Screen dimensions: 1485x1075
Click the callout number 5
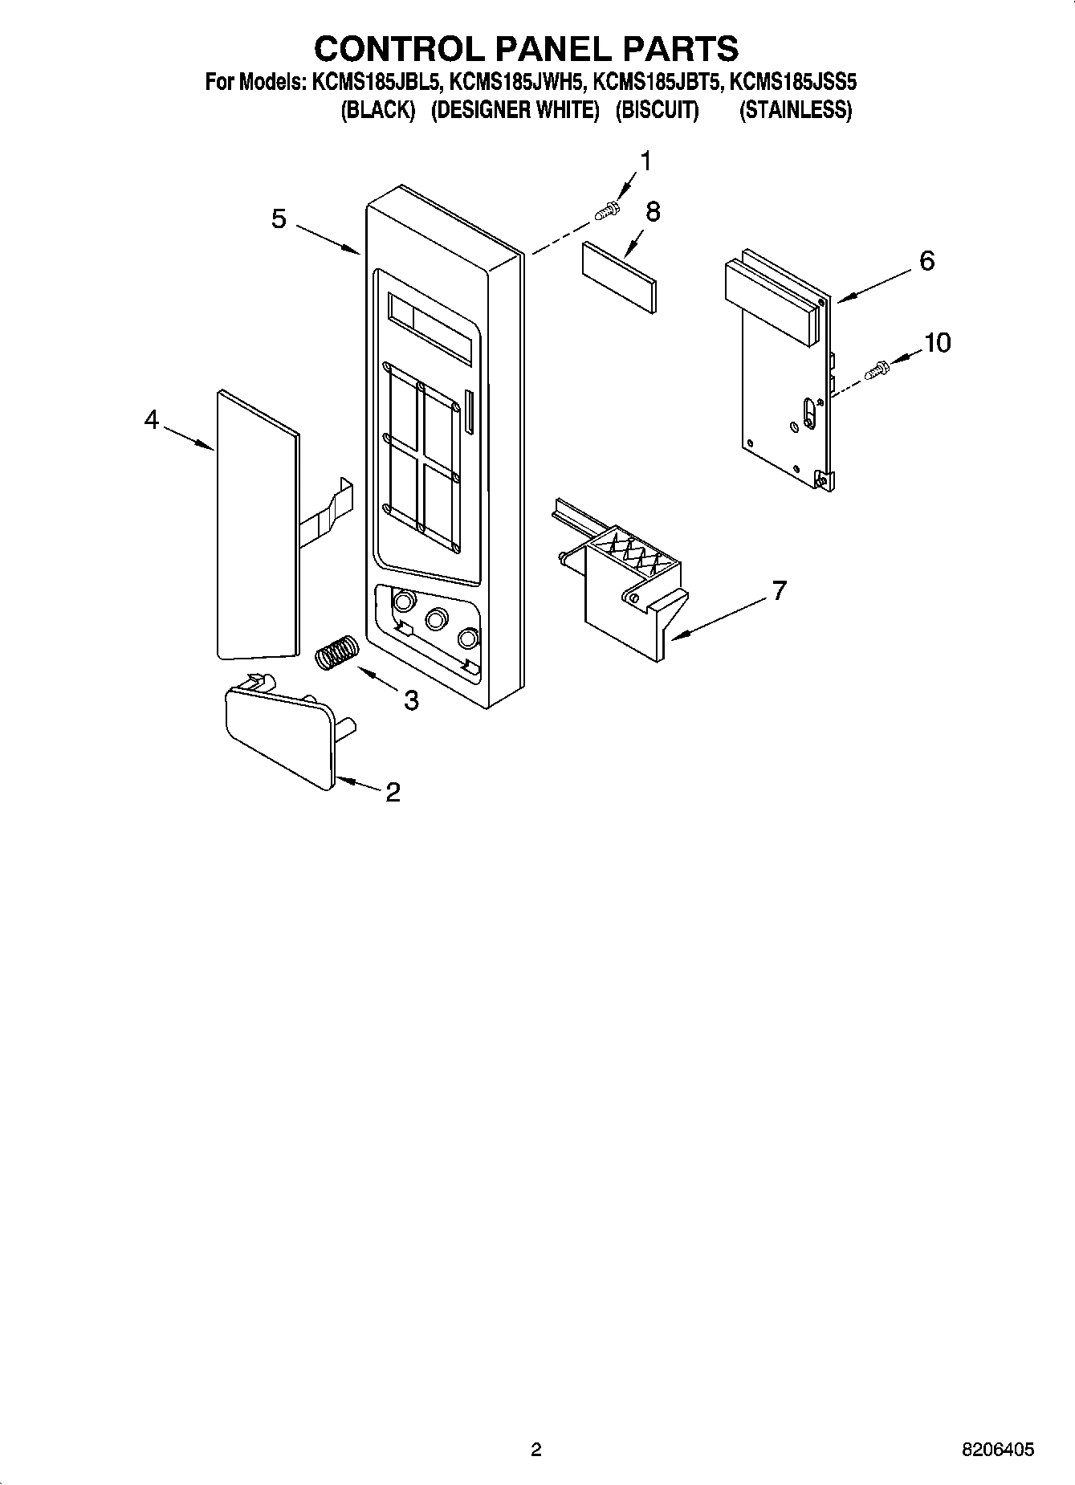279,219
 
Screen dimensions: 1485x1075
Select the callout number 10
936,343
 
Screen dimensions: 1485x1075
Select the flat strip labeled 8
619,276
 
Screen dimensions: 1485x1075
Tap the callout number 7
778,591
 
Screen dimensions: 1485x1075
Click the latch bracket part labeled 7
626,586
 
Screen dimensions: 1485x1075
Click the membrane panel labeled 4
257,526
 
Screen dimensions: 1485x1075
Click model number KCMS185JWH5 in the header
518,82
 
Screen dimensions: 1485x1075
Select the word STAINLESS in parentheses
795,111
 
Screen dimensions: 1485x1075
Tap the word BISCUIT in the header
657,111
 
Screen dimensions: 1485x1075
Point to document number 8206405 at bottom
998,1450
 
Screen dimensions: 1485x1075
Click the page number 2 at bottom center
536,1450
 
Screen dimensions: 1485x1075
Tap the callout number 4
152,419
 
